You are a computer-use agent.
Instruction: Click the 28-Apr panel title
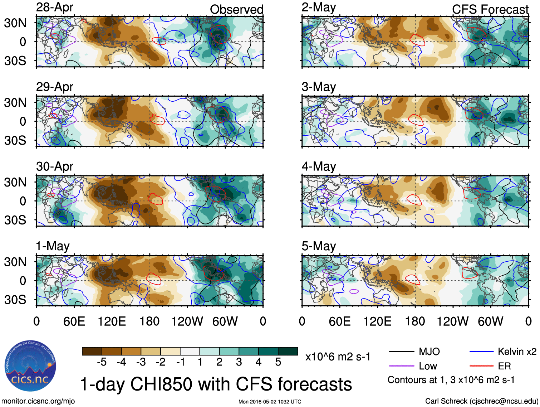click(55, 7)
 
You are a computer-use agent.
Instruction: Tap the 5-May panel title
click(319, 246)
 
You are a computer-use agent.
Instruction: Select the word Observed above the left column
click(236, 10)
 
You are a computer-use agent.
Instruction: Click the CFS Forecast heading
click(490, 10)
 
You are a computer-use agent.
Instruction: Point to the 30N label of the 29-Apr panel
click(15, 103)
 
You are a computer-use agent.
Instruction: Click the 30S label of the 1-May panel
click(15, 300)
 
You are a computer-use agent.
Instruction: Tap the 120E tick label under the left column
click(112, 321)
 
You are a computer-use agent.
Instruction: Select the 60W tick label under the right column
click(490, 321)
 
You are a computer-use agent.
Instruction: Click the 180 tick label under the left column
click(149, 321)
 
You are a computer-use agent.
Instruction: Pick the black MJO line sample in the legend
click(401, 352)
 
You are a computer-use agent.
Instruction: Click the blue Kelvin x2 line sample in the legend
click(481, 352)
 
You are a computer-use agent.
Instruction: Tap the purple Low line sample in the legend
click(401, 366)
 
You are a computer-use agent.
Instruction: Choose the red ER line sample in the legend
click(481, 366)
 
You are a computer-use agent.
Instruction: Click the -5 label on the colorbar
click(102, 362)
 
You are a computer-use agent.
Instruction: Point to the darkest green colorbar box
click(288, 351)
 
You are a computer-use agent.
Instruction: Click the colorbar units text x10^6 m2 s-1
click(338, 357)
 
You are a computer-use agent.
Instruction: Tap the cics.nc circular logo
click(30, 366)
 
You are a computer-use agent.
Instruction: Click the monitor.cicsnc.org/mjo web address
click(38, 401)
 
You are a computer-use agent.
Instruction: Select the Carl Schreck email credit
click(481, 401)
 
